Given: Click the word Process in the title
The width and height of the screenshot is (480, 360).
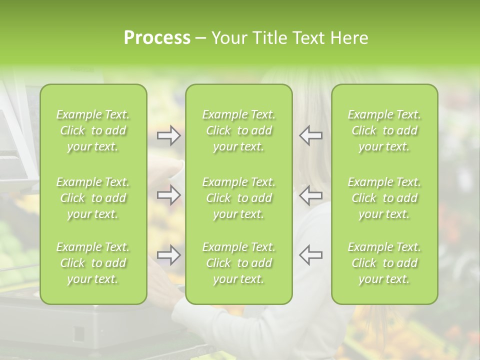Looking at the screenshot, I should click(157, 38).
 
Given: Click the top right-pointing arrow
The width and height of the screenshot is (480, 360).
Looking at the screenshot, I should click(169, 135).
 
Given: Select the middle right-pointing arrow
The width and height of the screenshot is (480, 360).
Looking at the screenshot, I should click(169, 195).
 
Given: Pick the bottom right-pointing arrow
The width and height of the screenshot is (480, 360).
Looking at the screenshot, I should click(169, 255).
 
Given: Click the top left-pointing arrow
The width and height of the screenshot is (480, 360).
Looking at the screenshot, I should click(310, 135).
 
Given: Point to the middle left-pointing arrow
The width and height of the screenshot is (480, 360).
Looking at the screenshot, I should click(310, 195).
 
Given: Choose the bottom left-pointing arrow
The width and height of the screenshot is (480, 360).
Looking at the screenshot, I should click(310, 255).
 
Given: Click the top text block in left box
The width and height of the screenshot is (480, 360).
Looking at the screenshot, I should click(93, 130).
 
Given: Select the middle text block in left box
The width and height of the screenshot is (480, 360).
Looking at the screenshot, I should click(93, 198).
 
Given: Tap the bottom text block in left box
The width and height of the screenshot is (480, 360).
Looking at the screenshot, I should click(93, 263).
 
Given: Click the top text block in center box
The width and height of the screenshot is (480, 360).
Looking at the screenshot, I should click(239, 130).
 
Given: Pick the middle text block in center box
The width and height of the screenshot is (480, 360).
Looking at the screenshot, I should click(239, 198).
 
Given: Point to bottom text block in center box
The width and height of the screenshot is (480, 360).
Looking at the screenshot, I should click(239, 263).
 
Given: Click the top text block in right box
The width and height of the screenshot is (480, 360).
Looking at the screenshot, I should click(384, 130).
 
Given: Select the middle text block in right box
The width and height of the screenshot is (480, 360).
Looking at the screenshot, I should click(384, 198).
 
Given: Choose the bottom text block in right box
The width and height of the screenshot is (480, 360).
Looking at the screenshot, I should click(384, 263).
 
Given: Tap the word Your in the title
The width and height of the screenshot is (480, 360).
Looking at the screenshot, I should click(229, 38).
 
